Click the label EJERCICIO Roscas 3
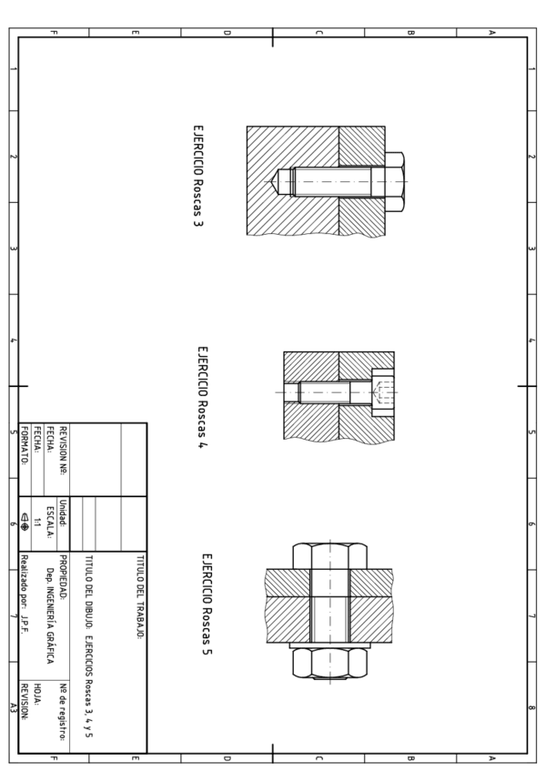pyautogui.click(x=197, y=176)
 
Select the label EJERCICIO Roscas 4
pyautogui.click(x=202, y=397)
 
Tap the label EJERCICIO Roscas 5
pyautogui.click(x=207, y=604)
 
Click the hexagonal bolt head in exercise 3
pyautogui.click(x=395, y=182)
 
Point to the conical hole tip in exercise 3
pyautogui.click(x=273, y=182)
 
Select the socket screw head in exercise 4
pyautogui.click(x=383, y=392)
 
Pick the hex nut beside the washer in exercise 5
pyautogui.click(x=329, y=663)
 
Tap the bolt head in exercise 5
pyautogui.click(x=329, y=556)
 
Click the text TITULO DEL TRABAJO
pyautogui.click(x=140, y=597)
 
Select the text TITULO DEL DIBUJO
pyautogui.click(x=88, y=593)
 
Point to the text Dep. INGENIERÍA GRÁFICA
pyautogui.click(x=50, y=616)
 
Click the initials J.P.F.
pyautogui.click(x=25, y=624)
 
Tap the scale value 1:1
pyautogui.click(x=37, y=523)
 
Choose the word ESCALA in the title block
pyautogui.click(x=50, y=522)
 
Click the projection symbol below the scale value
pyautogui.click(x=25, y=523)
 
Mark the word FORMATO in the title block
pyautogui.click(x=25, y=445)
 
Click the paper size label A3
pyautogui.click(x=14, y=708)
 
